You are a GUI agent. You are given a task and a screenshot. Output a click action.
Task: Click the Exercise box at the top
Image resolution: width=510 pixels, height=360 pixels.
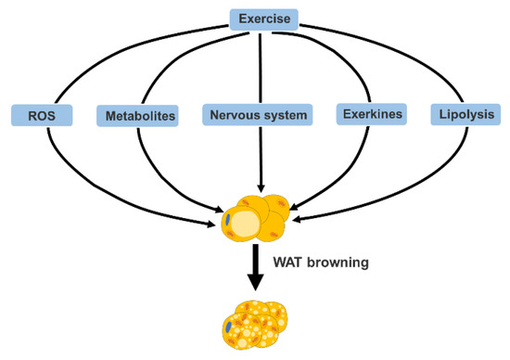[x=264, y=18]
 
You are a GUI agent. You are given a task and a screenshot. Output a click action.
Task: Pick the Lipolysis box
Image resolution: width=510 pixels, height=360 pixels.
[x=460, y=115]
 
